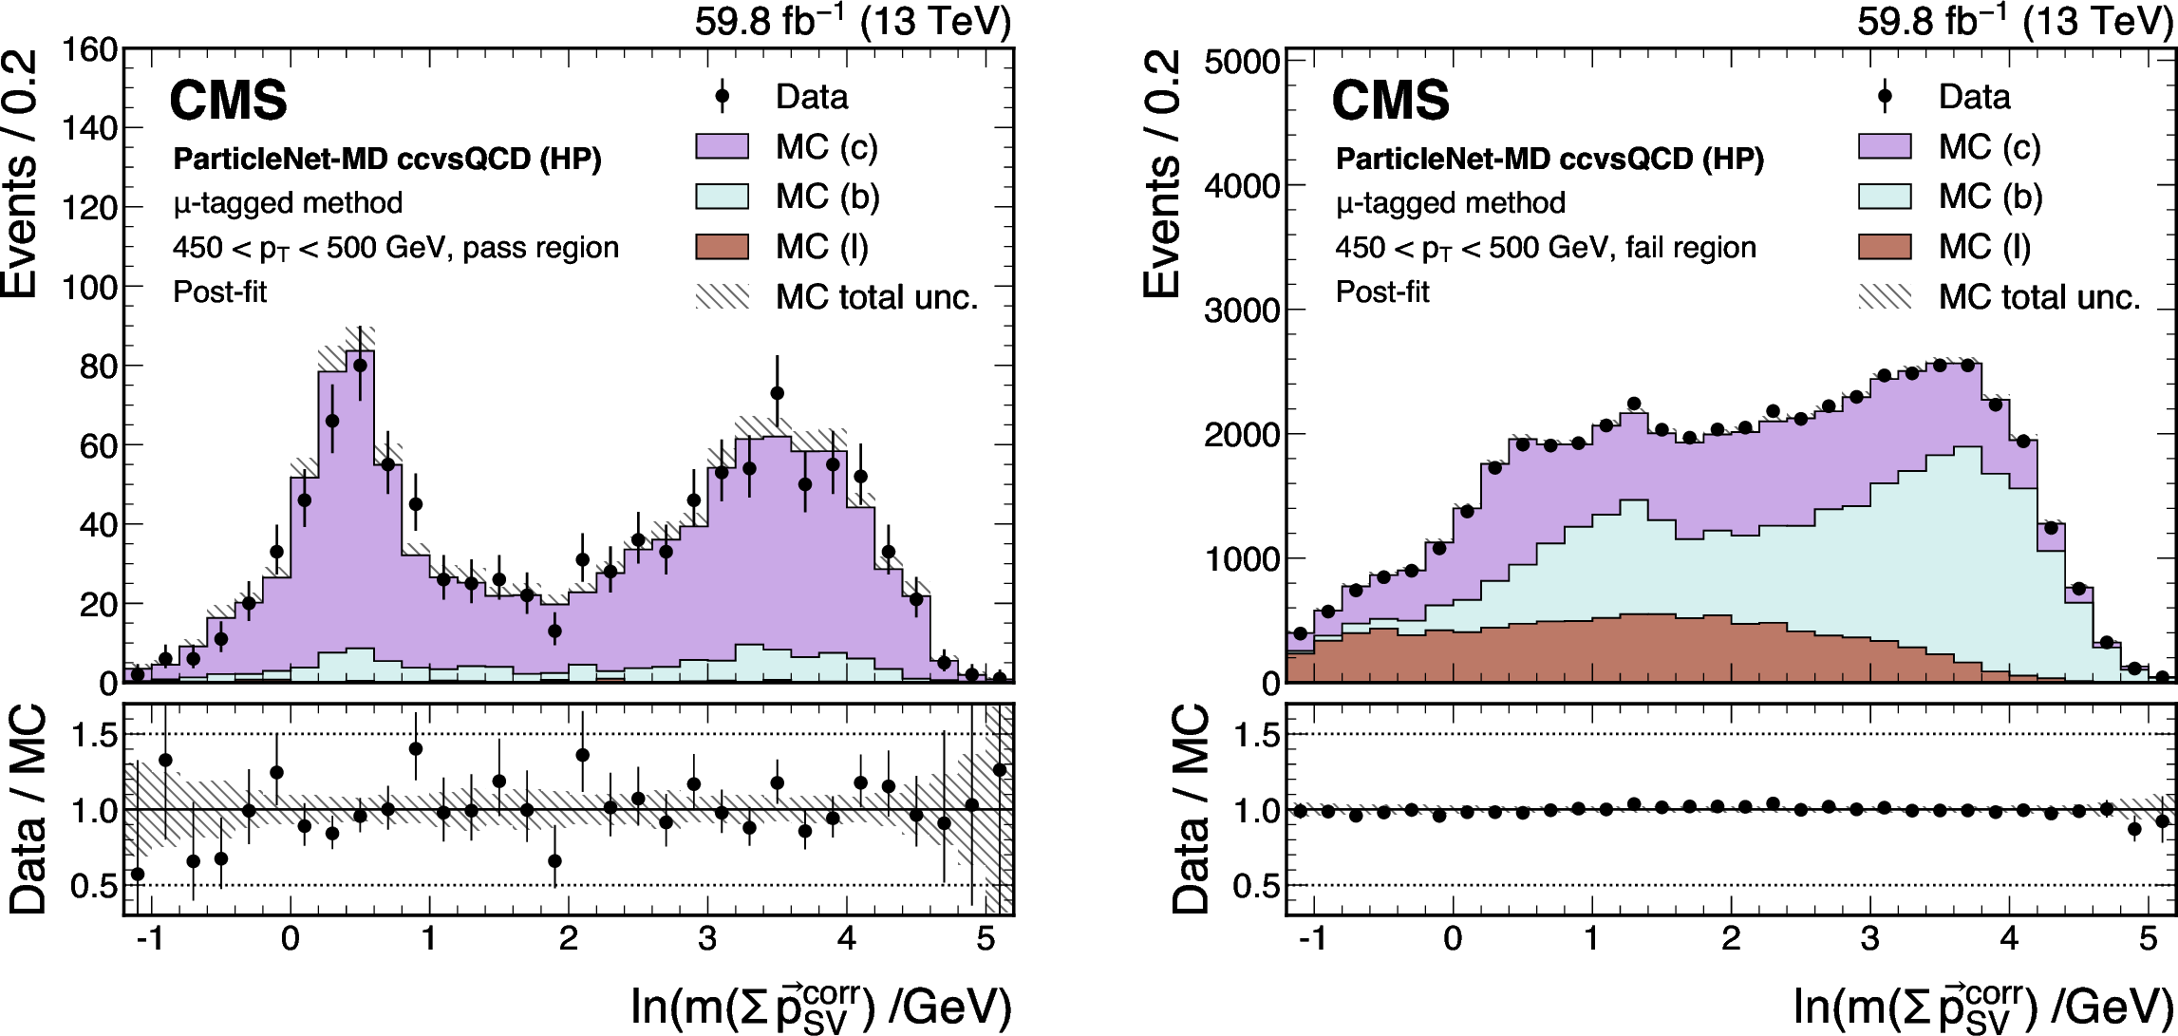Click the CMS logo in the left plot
coord(228,101)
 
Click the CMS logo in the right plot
coord(1391,101)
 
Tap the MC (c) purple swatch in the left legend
coord(722,146)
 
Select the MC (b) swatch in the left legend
coord(722,197)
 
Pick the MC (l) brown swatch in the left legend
coord(722,247)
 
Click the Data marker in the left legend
coord(722,96)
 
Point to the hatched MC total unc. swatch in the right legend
coord(1885,297)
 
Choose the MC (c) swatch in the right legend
coord(1885,146)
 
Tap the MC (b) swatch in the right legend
coord(1885,197)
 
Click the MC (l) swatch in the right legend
coord(1885,247)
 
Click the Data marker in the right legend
coord(1885,96)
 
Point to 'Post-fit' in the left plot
coord(220,292)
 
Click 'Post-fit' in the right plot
coord(1382,292)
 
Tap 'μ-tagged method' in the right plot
coord(1451,203)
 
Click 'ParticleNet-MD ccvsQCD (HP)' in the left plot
coord(387,159)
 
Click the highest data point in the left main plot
coord(360,365)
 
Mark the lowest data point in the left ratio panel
coord(138,874)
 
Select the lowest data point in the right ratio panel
coord(2134,829)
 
